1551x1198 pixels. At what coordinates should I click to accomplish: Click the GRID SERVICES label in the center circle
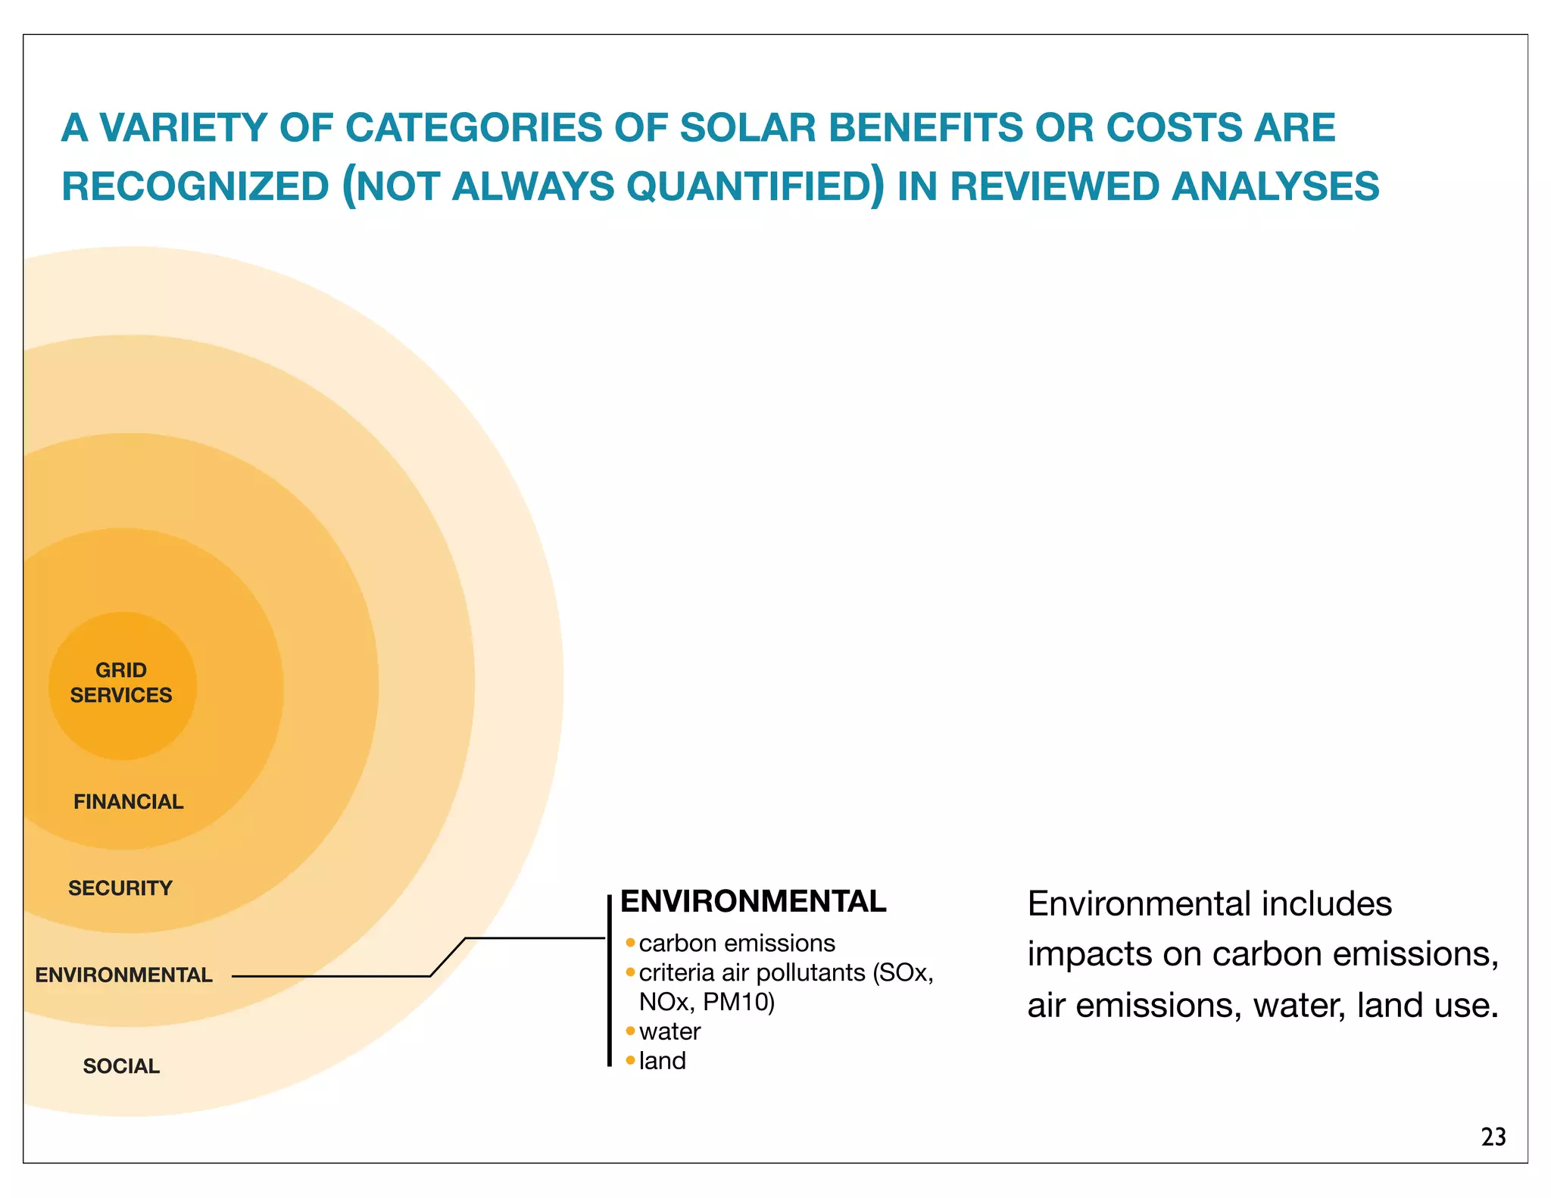[x=121, y=682]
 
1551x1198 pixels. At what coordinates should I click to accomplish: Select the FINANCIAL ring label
[x=128, y=801]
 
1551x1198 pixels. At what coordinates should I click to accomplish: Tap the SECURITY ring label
[x=120, y=888]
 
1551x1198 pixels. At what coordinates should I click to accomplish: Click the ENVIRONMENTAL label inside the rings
[x=123, y=975]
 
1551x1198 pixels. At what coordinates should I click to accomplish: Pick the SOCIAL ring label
[x=121, y=1065]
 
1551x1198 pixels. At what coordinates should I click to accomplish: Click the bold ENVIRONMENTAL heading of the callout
[x=753, y=901]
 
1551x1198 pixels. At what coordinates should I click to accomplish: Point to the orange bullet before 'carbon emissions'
[x=630, y=943]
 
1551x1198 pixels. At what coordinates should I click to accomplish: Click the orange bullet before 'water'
[x=630, y=1031]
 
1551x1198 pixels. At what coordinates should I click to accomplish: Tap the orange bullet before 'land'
[x=630, y=1060]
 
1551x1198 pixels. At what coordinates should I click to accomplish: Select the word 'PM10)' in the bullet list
[x=738, y=1002]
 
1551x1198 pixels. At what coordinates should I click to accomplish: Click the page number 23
[x=1493, y=1137]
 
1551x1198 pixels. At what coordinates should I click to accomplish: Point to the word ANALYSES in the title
[x=1275, y=187]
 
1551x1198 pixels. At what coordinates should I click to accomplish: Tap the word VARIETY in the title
[x=183, y=127]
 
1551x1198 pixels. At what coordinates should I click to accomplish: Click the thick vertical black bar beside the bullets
[x=609, y=981]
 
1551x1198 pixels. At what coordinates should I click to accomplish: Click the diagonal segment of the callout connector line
[x=448, y=957]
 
